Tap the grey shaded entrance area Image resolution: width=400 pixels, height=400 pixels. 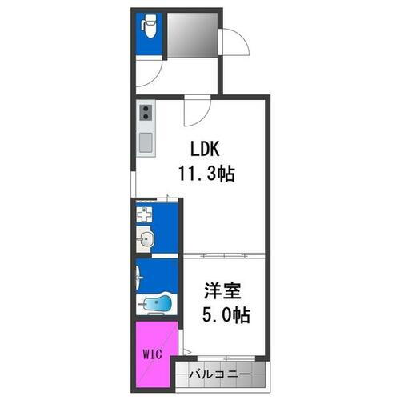193,33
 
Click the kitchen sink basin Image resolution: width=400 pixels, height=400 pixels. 145,144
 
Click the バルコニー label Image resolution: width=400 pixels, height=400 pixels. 219,374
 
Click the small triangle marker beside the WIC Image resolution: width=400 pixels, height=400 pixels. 186,350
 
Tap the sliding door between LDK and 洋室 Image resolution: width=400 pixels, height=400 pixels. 225,255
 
